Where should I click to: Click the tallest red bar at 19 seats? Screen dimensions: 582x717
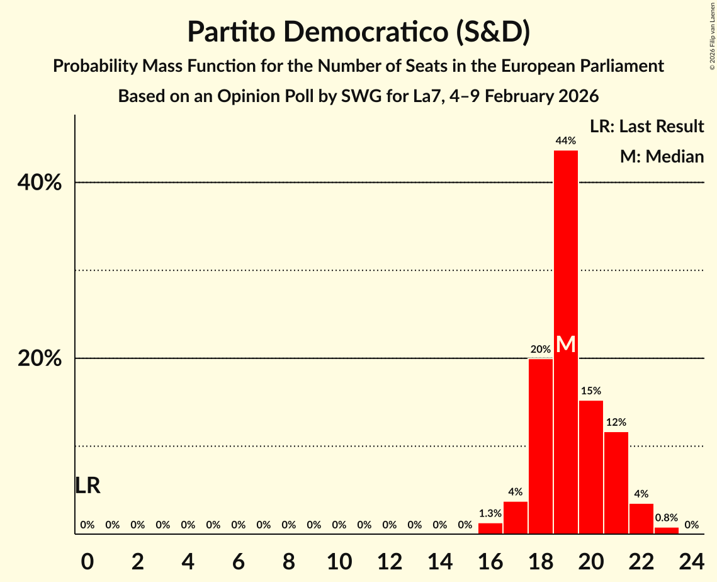(x=566, y=252)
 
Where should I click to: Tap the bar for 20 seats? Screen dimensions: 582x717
(x=591, y=467)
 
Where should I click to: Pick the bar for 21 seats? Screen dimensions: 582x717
(x=616, y=483)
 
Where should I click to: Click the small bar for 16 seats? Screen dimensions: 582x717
(x=490, y=529)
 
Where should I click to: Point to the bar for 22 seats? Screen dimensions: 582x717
(x=641, y=519)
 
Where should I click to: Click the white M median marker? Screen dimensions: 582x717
(x=566, y=344)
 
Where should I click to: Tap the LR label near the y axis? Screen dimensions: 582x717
(x=88, y=486)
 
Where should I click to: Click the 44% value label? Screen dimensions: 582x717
(x=566, y=140)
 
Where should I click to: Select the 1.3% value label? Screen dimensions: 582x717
(x=490, y=513)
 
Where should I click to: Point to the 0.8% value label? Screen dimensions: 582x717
(x=667, y=518)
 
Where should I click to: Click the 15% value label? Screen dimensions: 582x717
(x=591, y=391)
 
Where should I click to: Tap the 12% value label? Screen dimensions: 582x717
(x=616, y=422)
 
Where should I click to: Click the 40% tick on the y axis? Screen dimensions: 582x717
(x=39, y=183)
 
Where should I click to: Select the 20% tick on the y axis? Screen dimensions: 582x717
(x=39, y=358)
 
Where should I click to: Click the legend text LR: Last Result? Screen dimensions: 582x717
(x=646, y=127)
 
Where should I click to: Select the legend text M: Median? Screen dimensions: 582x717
(x=662, y=157)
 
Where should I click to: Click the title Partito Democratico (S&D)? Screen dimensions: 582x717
(x=358, y=32)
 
